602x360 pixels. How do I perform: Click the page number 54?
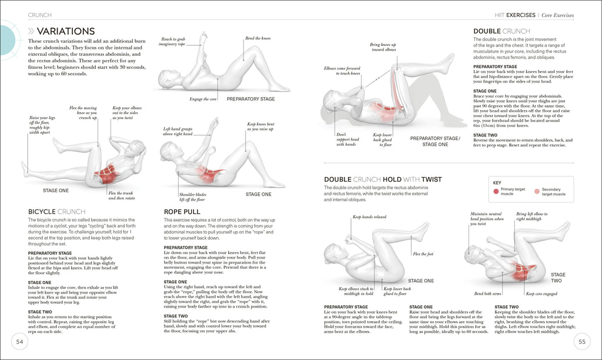tap(19, 342)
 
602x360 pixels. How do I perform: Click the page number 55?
tap(581, 342)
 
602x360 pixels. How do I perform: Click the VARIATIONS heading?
tap(65, 31)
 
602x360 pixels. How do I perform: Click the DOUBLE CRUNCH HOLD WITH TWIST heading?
tap(383, 179)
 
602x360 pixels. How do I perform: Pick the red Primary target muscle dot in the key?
tap(497, 191)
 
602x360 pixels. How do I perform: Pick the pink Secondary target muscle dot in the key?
tap(536, 191)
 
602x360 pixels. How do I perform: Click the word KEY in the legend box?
tap(498, 183)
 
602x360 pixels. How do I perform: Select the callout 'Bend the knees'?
tap(257, 38)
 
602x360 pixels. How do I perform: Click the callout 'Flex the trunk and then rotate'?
tap(122, 195)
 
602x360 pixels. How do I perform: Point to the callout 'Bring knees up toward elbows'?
tap(383, 47)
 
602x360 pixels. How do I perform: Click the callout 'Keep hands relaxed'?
tap(369, 217)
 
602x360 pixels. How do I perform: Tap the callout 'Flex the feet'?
tap(423, 254)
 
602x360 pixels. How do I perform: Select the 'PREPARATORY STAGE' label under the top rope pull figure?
tap(250, 99)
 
